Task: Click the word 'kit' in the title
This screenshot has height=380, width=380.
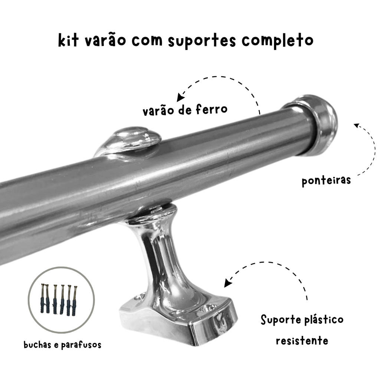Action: [x=68, y=40]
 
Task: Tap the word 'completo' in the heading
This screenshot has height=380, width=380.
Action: [x=278, y=40]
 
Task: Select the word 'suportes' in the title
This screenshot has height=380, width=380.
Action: [x=202, y=41]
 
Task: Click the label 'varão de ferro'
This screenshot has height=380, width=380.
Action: [x=185, y=110]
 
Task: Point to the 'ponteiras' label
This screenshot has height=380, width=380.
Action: [x=326, y=181]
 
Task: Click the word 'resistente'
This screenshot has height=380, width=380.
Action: [x=302, y=341]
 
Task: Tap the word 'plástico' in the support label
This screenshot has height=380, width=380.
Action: [x=324, y=320]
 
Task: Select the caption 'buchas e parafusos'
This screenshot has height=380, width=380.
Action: [x=62, y=345]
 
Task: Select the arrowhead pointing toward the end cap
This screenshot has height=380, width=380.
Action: [x=357, y=125]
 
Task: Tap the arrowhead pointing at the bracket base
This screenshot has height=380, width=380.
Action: [x=227, y=283]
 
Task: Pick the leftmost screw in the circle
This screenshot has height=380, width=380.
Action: [x=43, y=299]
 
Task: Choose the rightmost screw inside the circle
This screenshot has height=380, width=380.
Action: [x=75, y=301]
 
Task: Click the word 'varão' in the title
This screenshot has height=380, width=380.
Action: [x=105, y=40]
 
